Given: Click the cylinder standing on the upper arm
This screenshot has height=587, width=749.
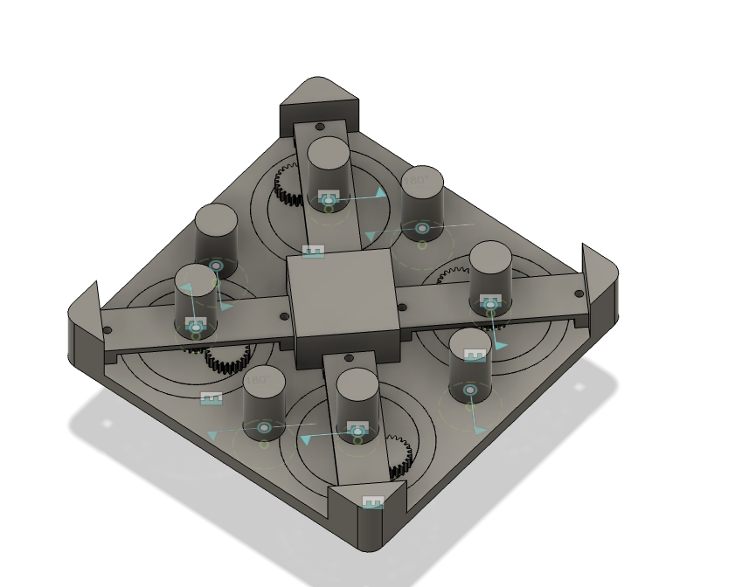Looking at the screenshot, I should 328,166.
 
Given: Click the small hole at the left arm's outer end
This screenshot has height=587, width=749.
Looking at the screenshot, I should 107,330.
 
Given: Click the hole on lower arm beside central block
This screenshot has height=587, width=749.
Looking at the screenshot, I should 348,358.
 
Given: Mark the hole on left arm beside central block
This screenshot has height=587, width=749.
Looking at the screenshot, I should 284,317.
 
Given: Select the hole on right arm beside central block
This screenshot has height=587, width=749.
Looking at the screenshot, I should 402,307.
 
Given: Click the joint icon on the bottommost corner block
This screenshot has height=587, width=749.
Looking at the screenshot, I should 373,502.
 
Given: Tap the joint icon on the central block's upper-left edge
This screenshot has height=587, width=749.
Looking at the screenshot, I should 313,252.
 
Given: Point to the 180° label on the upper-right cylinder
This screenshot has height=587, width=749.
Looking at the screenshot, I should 416,181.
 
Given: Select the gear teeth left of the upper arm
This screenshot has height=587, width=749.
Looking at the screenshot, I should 288,184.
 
